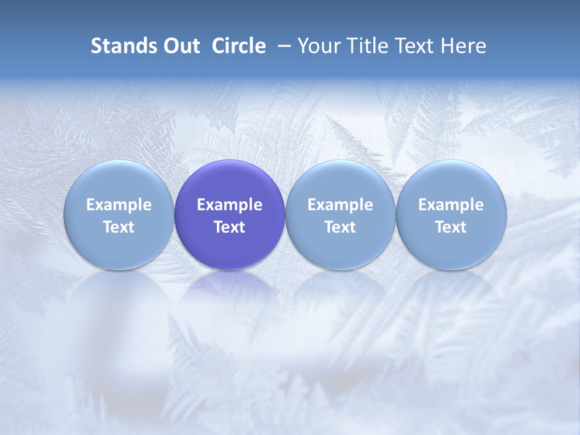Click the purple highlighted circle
click(230, 215)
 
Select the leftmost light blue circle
click(119, 215)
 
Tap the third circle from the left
click(340, 215)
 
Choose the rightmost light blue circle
click(451, 215)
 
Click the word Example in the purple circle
click(230, 205)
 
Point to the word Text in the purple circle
click(230, 227)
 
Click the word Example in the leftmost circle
click(119, 205)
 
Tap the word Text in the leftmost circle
click(119, 227)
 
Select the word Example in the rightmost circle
click(451, 205)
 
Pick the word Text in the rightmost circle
click(451, 227)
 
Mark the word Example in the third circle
click(340, 205)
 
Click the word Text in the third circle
click(340, 227)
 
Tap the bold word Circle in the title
click(239, 46)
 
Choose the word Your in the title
click(319, 46)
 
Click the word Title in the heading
click(368, 46)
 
